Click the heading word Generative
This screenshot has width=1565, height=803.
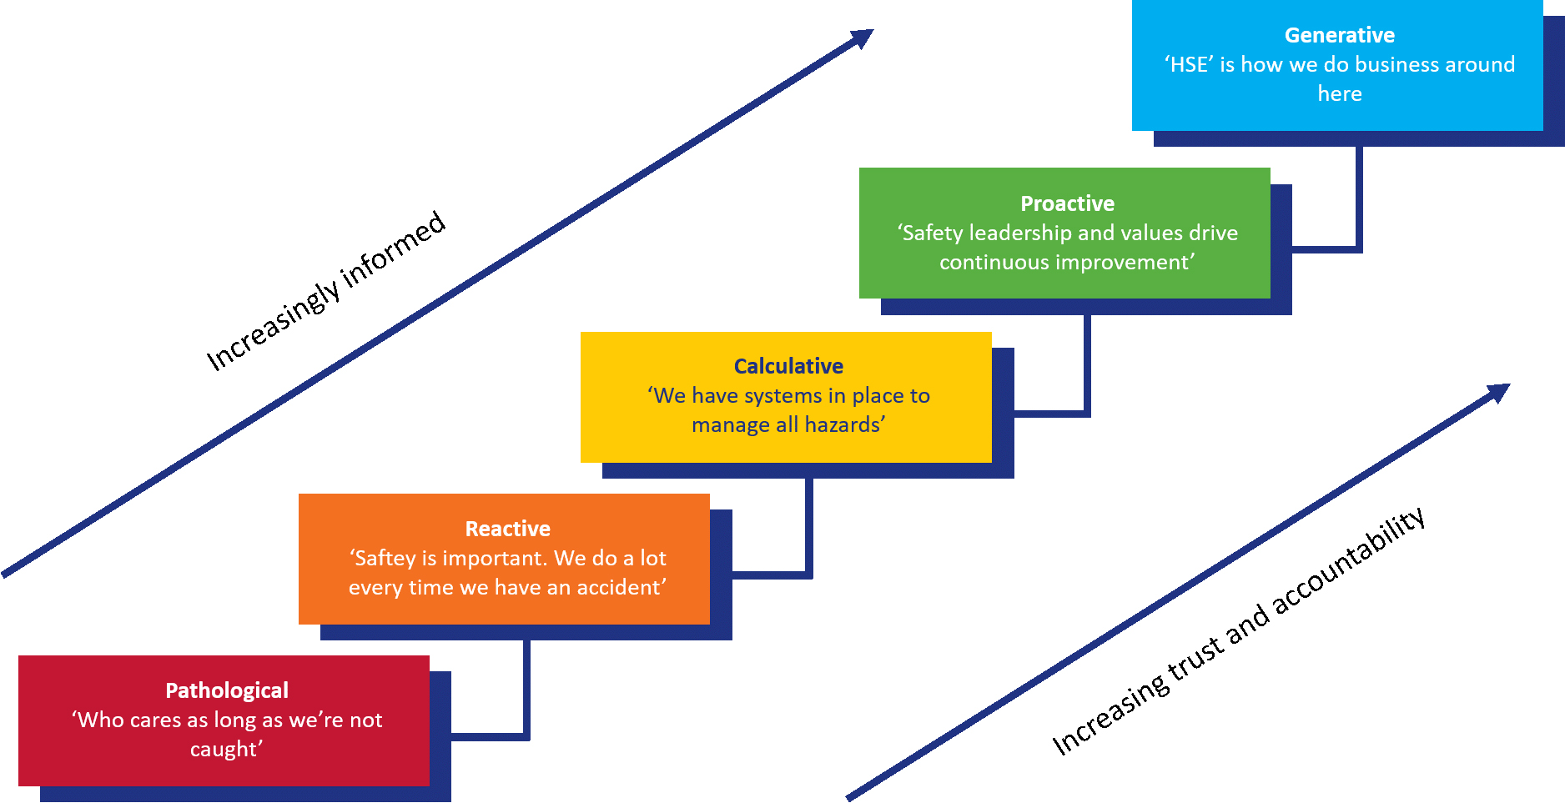(x=1339, y=35)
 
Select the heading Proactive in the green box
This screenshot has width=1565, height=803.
(x=1067, y=203)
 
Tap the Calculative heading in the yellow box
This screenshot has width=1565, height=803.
(x=788, y=366)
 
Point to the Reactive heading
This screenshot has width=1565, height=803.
(x=507, y=529)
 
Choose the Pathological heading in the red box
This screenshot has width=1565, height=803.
(x=227, y=690)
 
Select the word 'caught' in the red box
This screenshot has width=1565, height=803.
(x=224, y=749)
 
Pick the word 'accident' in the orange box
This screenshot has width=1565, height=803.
(x=620, y=587)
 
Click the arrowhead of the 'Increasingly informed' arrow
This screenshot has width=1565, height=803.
(x=863, y=38)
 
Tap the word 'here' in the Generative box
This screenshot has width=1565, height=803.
(x=1339, y=93)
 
